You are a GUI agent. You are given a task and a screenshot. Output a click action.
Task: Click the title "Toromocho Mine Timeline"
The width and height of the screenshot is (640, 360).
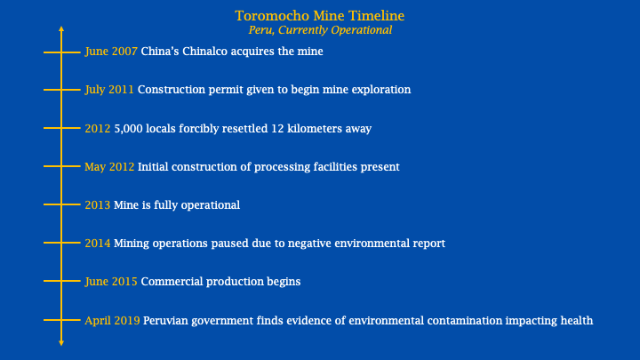tap(319, 16)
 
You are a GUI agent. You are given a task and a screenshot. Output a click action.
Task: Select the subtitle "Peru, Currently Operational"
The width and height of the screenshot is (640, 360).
tap(319, 29)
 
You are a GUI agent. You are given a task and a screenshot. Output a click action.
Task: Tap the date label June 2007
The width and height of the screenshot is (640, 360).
tap(111, 52)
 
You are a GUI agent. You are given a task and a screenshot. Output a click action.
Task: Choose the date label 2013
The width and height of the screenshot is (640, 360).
tap(97, 205)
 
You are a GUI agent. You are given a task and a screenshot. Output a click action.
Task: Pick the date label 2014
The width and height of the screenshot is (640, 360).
tap(97, 244)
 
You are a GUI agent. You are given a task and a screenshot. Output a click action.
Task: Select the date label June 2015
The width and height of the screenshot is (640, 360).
tap(111, 282)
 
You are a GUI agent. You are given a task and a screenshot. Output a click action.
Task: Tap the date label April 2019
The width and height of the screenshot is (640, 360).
tap(112, 320)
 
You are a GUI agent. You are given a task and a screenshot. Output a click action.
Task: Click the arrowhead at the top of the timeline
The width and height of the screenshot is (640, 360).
tap(61, 30)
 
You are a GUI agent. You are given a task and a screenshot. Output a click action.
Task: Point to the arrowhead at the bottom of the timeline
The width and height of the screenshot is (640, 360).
tap(61, 342)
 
